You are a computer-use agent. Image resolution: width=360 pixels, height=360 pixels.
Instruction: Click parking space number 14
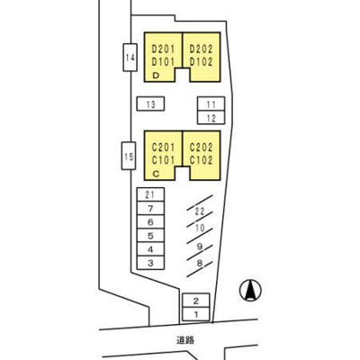tap(130, 58)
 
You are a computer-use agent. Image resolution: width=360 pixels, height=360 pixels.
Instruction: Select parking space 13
tap(150, 103)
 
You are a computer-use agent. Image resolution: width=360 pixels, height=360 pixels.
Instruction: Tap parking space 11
tap(211, 103)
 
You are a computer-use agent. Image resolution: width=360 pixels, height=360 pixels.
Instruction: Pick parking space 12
tap(211, 117)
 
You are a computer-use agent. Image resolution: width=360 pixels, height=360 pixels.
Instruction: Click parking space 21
tap(150, 194)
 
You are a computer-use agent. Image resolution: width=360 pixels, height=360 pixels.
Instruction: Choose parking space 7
tap(150, 209)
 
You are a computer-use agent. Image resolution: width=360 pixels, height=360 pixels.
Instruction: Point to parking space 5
tap(150, 236)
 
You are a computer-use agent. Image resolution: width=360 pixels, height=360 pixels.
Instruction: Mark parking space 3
tap(150, 263)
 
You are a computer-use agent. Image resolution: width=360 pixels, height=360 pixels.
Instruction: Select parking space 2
tap(196, 301)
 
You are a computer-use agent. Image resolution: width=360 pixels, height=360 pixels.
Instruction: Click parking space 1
tap(196, 314)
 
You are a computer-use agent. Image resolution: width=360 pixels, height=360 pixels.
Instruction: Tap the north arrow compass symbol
tap(250, 291)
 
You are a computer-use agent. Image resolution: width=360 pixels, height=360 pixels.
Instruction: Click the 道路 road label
tap(185, 340)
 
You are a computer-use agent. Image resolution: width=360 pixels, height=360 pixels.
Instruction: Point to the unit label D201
tap(163, 49)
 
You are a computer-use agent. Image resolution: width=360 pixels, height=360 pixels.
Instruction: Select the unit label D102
tap(201, 62)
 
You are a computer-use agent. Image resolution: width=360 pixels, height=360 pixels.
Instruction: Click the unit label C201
tap(163, 148)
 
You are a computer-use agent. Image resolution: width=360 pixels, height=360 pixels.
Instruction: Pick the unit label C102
tap(201, 160)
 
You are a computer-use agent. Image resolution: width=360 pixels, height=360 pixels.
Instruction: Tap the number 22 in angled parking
tap(200, 211)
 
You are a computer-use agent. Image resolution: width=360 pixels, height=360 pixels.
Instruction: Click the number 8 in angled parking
tap(200, 264)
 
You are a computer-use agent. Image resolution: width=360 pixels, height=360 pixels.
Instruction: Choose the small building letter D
tap(156, 76)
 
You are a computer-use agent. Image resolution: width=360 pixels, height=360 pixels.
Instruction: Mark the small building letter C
tap(156, 174)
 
